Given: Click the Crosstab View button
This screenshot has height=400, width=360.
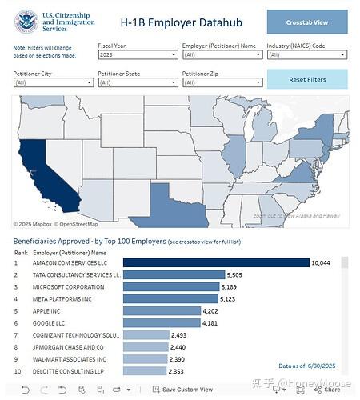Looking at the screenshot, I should point(307,22).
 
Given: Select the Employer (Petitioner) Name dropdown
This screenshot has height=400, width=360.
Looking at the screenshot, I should point(222,55).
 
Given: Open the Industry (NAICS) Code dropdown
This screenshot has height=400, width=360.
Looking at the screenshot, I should point(307,55).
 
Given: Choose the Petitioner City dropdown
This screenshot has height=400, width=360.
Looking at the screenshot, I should point(52,82).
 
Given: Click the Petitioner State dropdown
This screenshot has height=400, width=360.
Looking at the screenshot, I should point(137,82).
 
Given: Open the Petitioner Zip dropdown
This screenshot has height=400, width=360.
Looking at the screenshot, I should point(222,82).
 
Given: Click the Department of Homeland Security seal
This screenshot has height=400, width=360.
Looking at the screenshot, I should point(26,22).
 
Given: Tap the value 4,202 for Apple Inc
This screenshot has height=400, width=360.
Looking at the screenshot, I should point(210,311).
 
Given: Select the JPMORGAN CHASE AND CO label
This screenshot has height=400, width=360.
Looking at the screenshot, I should point(68,348).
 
